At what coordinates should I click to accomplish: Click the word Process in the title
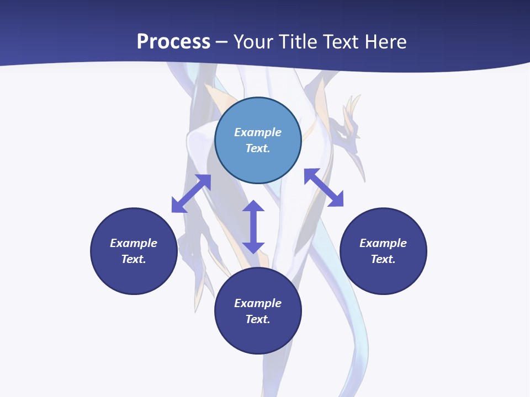(x=173, y=42)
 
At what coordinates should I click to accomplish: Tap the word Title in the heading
(x=300, y=42)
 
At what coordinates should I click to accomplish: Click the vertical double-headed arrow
(x=253, y=227)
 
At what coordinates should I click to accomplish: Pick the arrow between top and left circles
(x=191, y=193)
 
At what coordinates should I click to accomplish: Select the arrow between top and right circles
(x=324, y=187)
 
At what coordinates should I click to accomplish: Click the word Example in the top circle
(x=258, y=132)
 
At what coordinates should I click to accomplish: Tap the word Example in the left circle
(x=134, y=243)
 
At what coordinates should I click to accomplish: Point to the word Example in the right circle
(x=383, y=243)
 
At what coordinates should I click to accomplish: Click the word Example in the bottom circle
(x=258, y=303)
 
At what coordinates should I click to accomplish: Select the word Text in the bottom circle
(x=258, y=319)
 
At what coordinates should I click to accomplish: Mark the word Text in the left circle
(x=134, y=259)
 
